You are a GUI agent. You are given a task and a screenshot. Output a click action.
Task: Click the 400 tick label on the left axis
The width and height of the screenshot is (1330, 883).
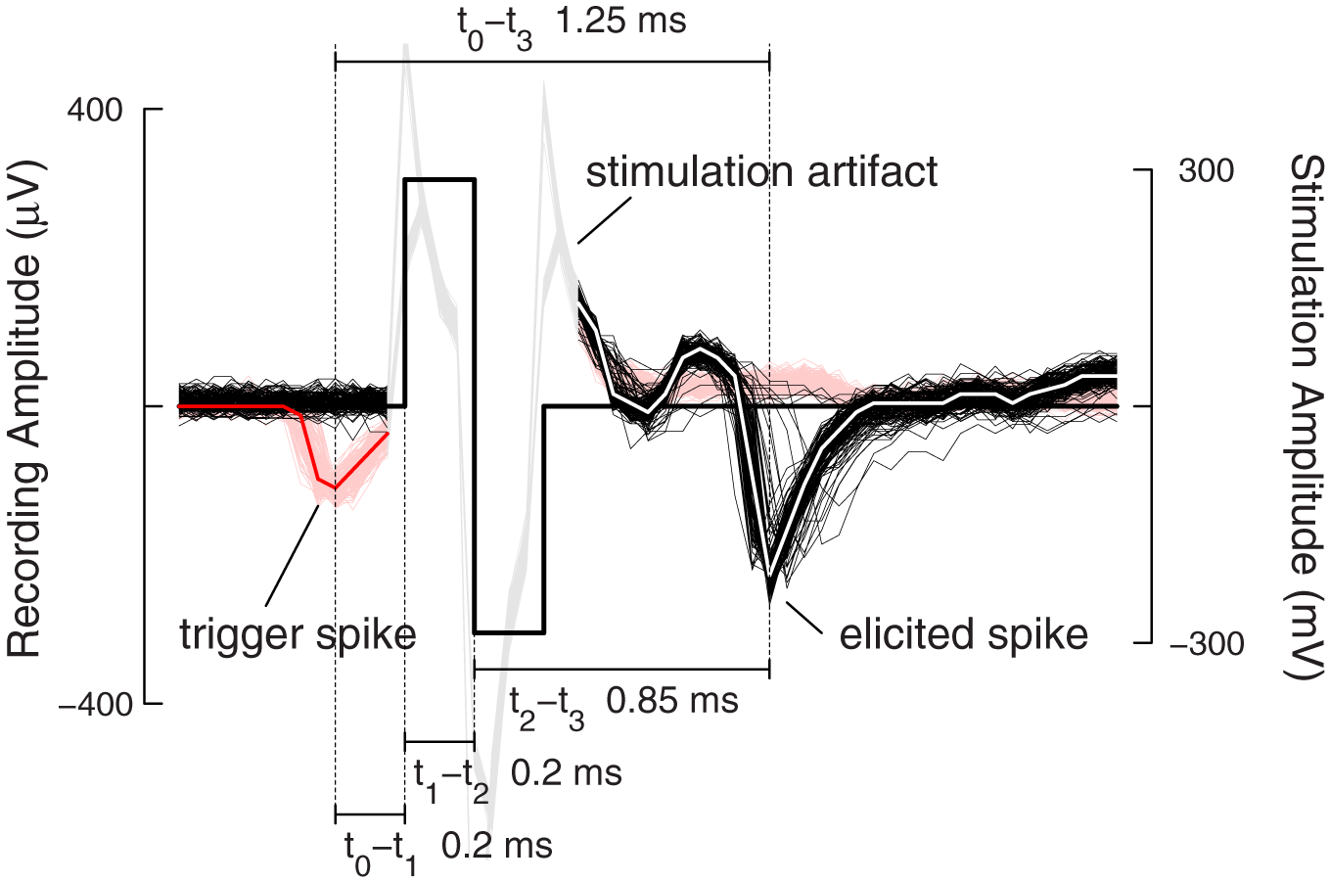(94, 111)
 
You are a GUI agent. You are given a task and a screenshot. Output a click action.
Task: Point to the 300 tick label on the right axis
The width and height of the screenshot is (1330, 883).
(1206, 170)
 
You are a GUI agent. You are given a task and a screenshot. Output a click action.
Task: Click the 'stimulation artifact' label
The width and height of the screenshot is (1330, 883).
(761, 172)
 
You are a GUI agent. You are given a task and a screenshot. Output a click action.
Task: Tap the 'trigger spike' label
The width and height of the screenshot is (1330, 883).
(298, 634)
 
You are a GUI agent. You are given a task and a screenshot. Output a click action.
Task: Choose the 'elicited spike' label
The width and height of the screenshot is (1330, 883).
(963, 634)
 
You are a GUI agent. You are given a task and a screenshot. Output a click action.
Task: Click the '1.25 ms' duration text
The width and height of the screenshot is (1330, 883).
(620, 22)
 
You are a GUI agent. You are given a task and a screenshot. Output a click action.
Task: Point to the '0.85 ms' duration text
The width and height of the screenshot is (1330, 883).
(672, 701)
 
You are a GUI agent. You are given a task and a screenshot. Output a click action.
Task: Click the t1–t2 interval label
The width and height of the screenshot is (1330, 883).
(451, 775)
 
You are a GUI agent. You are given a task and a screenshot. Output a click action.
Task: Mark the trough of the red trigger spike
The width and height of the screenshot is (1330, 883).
(335, 487)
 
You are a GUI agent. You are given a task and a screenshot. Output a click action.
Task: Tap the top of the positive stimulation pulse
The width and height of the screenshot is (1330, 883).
(439, 180)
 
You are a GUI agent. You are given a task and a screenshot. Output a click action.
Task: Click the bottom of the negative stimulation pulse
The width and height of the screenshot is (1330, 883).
(509, 632)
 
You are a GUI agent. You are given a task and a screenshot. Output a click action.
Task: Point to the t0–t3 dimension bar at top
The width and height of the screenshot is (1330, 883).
(552, 61)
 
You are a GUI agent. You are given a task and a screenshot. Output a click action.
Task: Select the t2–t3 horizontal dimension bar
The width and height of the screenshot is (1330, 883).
(621, 670)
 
